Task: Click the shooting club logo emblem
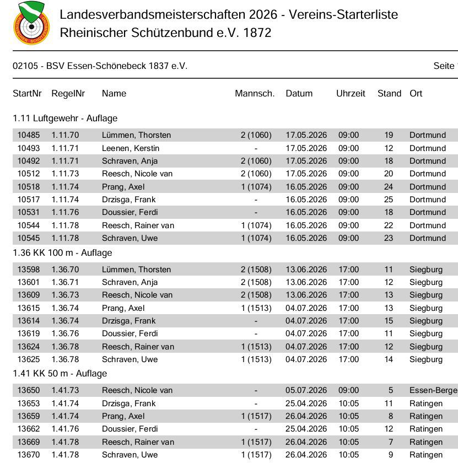point(31,23)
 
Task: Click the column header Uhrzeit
point(351,94)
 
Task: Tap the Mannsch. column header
point(255,94)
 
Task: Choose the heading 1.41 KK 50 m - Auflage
point(60,374)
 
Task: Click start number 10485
point(29,135)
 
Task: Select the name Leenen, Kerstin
point(131,148)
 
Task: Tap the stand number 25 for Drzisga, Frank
point(389,200)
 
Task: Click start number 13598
point(29,270)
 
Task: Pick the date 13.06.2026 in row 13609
point(306,295)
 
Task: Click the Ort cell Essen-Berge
point(433,390)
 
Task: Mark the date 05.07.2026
point(306,390)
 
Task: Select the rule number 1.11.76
point(65,212)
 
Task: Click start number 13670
point(29,455)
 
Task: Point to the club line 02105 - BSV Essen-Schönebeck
point(100,66)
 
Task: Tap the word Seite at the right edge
point(444,66)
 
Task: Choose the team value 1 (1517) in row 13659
point(256,416)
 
